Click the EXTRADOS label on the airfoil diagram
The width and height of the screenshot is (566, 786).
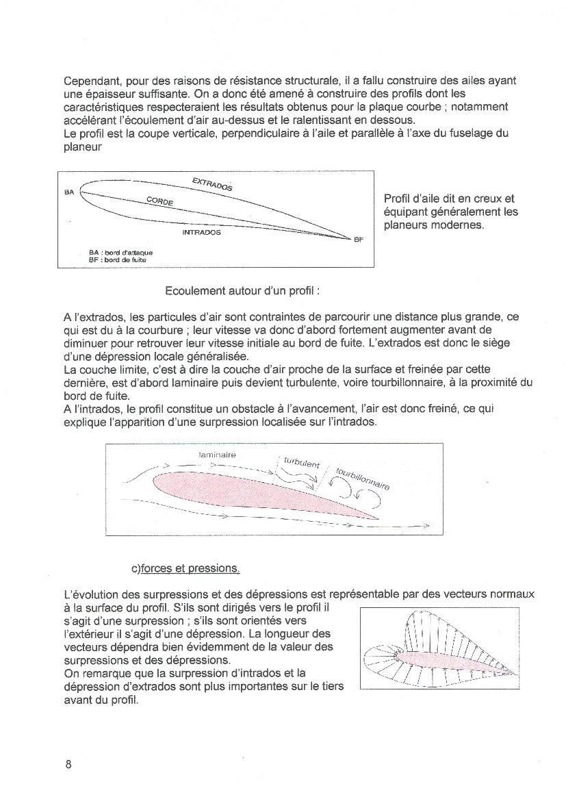(212, 183)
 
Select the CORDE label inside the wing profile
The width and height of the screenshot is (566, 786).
(159, 201)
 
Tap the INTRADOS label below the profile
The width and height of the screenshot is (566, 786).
(201, 233)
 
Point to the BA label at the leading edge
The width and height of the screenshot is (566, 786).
(69, 192)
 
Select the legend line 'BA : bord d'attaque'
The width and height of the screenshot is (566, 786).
(116, 253)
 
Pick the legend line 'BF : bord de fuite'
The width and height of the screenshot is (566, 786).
(113, 260)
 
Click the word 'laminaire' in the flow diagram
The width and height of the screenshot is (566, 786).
(217, 454)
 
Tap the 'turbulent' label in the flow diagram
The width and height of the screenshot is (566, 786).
(301, 463)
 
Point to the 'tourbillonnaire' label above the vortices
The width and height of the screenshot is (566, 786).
(363, 479)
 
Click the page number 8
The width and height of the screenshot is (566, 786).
(68, 765)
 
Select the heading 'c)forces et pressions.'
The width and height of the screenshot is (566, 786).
(185, 569)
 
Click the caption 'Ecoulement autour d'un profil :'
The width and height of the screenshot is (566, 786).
(242, 291)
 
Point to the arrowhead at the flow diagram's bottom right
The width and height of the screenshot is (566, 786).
(426, 526)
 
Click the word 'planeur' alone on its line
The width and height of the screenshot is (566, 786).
(83, 146)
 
